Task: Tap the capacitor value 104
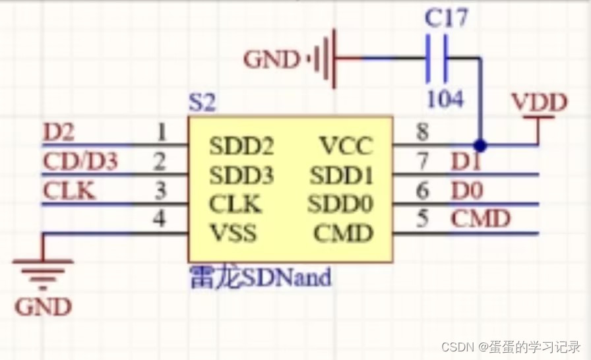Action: pos(445,99)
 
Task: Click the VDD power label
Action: pos(539,103)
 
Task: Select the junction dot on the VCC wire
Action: pos(480,144)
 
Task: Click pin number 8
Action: pos(422,133)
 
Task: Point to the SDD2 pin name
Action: pos(241,145)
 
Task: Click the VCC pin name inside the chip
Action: pos(346,145)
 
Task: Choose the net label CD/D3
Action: pos(80,162)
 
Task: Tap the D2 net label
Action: pos(59,133)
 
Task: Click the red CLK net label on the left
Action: pos(69,191)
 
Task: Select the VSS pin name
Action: pos(233,233)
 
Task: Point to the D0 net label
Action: pos(466,191)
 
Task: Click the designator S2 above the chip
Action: pos(202,103)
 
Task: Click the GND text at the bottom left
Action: pos(44,307)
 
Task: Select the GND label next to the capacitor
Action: pos(272,60)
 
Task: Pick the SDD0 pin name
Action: pos(340,204)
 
